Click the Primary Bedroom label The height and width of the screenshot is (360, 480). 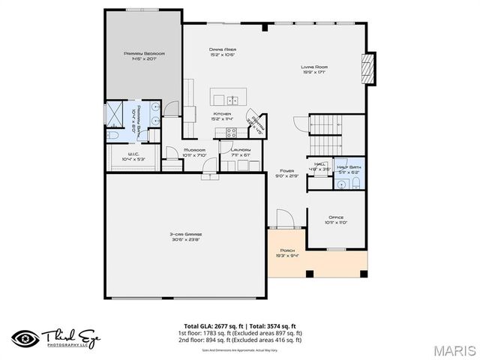[144, 57]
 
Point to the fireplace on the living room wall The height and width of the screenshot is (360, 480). [368, 69]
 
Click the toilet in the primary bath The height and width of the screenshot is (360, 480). [112, 136]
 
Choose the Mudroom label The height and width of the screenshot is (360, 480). [194, 153]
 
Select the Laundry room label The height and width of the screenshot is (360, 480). [241, 152]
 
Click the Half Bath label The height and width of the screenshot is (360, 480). [349, 169]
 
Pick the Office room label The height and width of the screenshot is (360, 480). [336, 220]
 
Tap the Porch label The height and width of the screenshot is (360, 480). [288, 253]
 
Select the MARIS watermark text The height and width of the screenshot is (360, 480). [452, 349]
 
